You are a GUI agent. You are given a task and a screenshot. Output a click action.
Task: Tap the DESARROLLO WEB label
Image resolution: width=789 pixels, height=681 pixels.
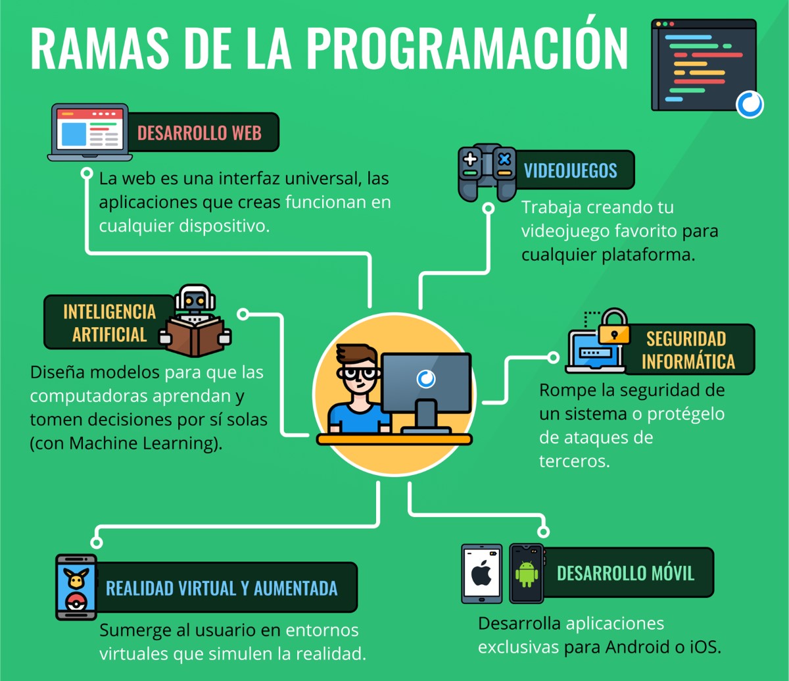pos(199,133)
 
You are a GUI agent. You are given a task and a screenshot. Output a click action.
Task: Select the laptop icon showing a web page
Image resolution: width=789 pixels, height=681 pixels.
pos(89,132)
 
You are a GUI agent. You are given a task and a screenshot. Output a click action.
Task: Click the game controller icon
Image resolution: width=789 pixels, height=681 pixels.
pos(487,172)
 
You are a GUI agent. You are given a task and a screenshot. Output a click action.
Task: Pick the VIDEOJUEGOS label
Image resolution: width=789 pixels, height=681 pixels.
pos(570,170)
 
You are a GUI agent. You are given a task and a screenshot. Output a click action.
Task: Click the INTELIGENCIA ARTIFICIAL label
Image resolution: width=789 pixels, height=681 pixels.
pos(109,323)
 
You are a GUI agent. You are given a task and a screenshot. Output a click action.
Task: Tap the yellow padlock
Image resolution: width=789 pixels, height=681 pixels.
pos(613,326)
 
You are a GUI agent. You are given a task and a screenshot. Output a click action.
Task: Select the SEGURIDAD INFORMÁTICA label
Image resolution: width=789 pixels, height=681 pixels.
pos(688,349)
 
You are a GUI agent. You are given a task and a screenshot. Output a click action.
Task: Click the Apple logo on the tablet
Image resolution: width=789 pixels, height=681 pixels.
pos(481,572)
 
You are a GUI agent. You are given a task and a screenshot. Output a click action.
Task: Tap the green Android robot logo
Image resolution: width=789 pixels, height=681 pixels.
pos(527,574)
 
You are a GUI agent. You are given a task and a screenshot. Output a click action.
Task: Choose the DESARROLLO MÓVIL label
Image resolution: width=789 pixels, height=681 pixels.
pos(625,573)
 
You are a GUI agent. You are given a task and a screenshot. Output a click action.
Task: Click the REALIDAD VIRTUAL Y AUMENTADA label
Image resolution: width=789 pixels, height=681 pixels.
pos(222,588)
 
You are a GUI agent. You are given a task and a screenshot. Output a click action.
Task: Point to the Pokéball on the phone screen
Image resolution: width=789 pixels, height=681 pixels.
pos(76,602)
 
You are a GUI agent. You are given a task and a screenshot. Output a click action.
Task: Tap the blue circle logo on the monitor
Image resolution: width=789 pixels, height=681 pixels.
pos(425,379)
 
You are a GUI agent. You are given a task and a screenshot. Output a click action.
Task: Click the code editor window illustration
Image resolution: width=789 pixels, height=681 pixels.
pos(704,65)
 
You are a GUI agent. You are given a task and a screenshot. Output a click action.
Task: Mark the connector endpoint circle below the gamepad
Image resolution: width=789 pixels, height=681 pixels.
pos(489,208)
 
